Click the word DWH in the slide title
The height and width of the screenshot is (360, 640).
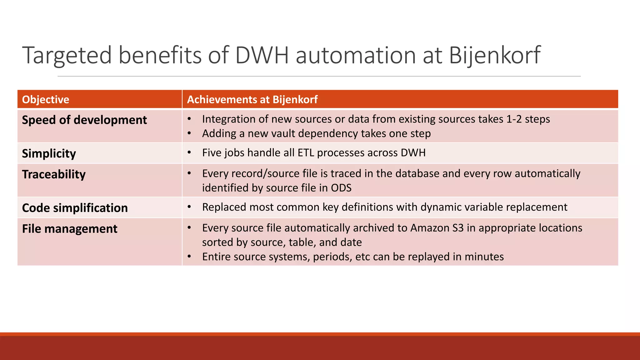pos(261,56)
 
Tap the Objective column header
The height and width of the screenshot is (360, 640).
pos(46,99)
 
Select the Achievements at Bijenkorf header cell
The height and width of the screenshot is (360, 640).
pos(252,99)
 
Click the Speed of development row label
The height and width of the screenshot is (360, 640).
pos(84,120)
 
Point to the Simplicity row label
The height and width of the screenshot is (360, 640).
pos(49,153)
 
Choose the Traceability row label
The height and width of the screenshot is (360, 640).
pos(54,174)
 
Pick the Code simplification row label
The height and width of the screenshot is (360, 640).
pos(75,208)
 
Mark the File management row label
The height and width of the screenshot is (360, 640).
pos(70,229)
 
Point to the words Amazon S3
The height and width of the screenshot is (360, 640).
pos(437,228)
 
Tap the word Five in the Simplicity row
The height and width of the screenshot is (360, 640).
pos(212,152)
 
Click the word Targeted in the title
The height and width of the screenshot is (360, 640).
pos(67,56)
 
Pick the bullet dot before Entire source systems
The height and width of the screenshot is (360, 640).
pos(189,257)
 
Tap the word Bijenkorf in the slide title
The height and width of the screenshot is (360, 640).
pos(494,56)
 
